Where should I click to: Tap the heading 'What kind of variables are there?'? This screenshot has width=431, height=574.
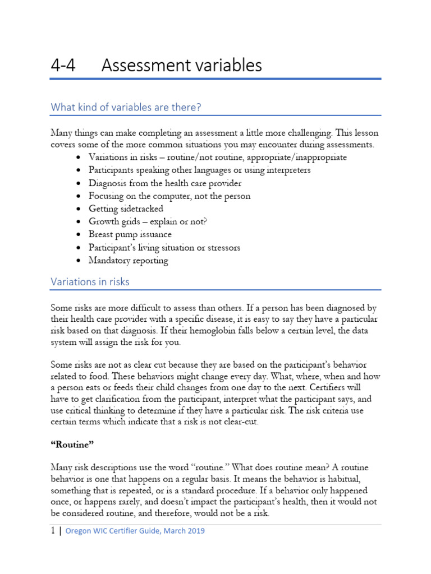click(x=126, y=107)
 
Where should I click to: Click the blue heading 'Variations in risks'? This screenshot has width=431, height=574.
click(x=90, y=281)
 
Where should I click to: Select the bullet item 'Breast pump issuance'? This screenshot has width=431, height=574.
click(x=130, y=234)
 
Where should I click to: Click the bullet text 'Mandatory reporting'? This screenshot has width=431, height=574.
click(x=128, y=260)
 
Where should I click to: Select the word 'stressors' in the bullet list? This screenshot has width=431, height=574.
click(x=221, y=247)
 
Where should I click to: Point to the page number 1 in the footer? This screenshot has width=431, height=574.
click(x=52, y=530)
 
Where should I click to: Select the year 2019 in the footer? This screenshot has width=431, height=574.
click(x=194, y=530)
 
